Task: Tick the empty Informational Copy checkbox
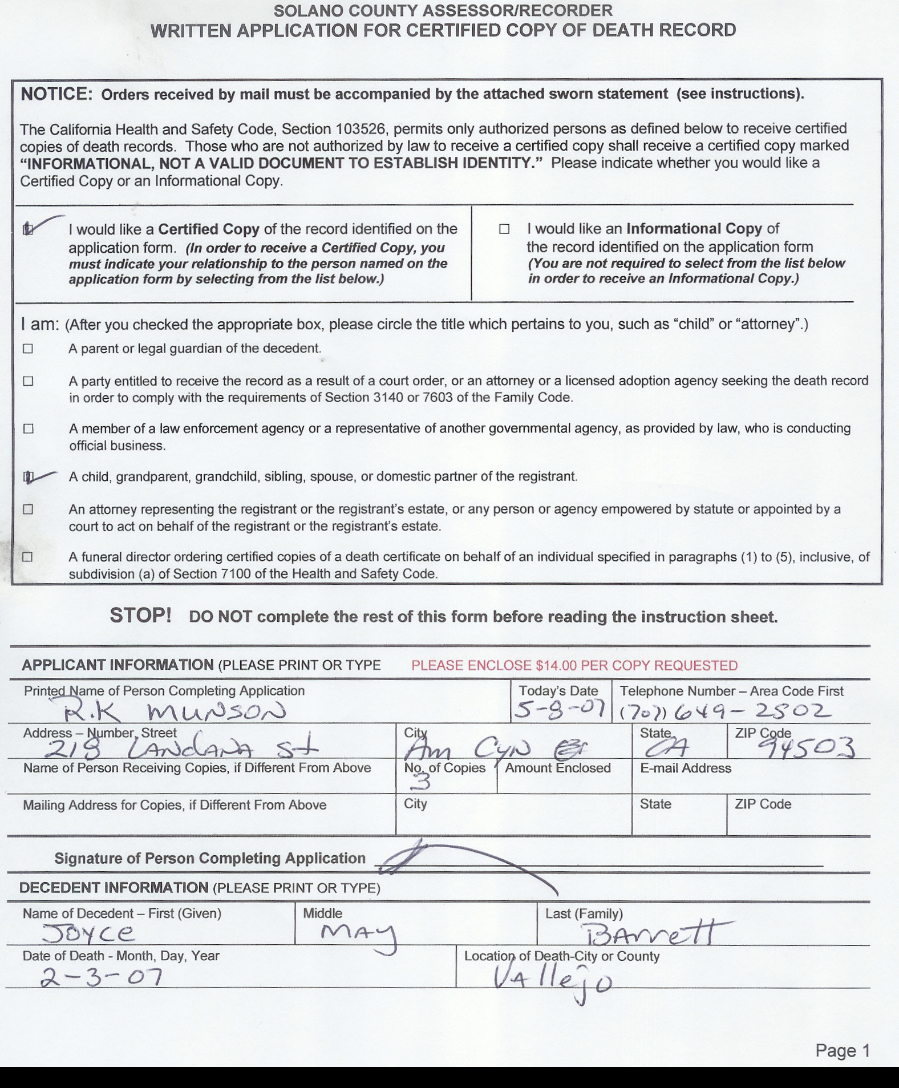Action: click(x=504, y=229)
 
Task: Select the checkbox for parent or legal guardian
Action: click(x=28, y=349)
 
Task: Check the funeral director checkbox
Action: click(x=27, y=557)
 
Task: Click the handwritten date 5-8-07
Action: click(x=559, y=710)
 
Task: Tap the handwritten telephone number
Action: click(x=724, y=711)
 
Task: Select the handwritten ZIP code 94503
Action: click(x=810, y=747)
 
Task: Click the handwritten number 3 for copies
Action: click(x=421, y=782)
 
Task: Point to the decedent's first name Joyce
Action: click(x=88, y=933)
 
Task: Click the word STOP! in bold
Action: click(x=140, y=616)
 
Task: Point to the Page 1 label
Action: click(x=842, y=1050)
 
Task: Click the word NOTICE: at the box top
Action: click(x=56, y=94)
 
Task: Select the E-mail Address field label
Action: click(x=685, y=768)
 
